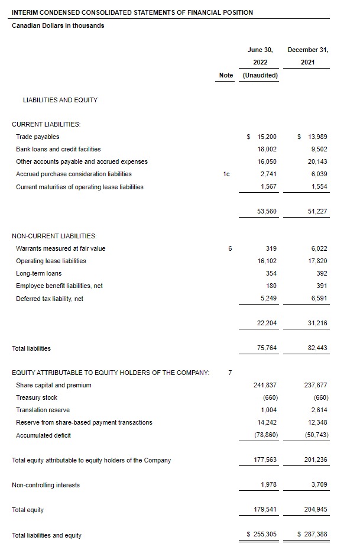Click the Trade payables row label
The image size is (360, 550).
pos(38,137)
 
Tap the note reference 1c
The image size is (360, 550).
pos(226,174)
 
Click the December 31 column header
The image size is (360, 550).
pos(307,50)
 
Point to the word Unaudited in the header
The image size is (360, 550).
pos(261,75)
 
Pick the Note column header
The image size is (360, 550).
pos(226,75)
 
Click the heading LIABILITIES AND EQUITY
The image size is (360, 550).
pos(60,100)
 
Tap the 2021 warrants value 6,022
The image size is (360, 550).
pos(317,248)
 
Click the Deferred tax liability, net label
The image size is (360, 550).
pos(50,299)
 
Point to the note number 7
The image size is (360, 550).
pos(230,373)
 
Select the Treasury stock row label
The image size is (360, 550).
pos(37,397)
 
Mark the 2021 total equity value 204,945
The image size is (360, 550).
pos(316,510)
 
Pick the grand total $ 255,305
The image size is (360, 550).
pos(261,535)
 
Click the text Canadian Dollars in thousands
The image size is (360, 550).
pos(58,25)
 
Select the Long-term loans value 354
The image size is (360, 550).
pos(271,273)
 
